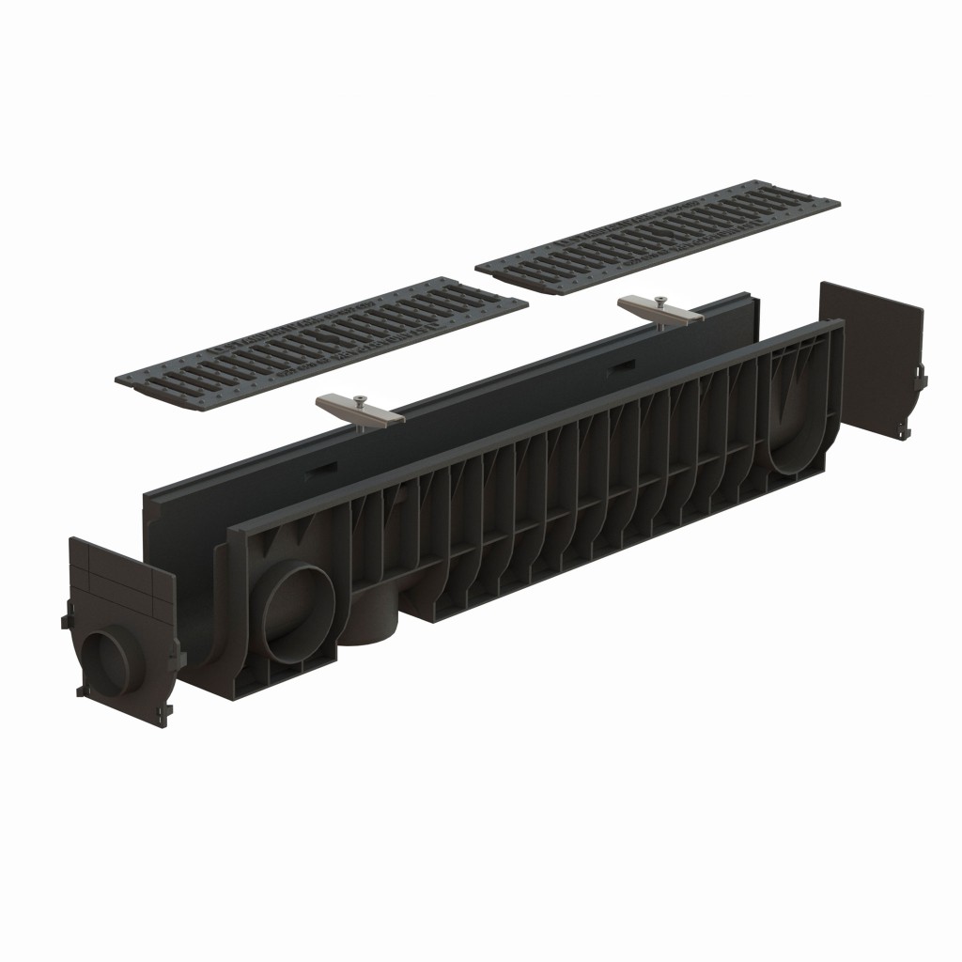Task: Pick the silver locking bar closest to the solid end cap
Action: tap(661, 311)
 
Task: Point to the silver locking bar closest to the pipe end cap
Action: tap(360, 410)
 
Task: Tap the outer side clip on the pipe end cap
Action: tap(65, 623)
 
